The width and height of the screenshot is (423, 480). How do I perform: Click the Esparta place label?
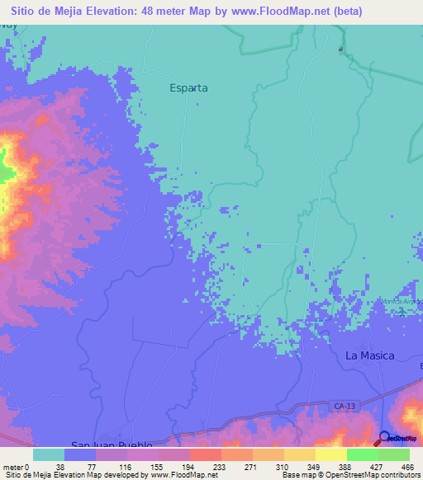point(188,87)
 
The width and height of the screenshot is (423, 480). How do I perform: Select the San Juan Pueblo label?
point(112,445)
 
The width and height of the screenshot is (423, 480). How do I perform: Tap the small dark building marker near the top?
point(340,49)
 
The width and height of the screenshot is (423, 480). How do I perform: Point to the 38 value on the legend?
point(59,466)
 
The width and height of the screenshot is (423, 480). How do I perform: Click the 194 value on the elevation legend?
point(189,466)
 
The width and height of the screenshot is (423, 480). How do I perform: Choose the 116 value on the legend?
point(124,466)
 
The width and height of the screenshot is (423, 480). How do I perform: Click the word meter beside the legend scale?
point(14,466)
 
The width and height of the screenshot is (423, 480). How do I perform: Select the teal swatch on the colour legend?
point(48,454)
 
